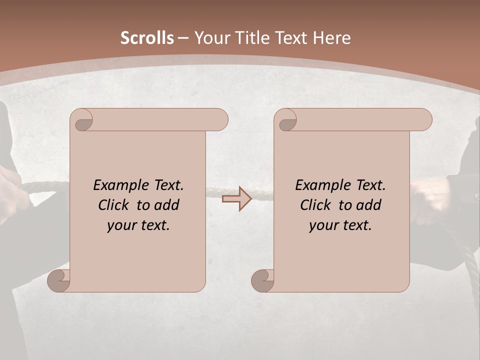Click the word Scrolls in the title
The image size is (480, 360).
coord(147,38)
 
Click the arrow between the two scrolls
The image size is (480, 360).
coord(236,198)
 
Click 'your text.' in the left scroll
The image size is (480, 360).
coord(138,225)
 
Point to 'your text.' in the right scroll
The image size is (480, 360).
coord(340,225)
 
